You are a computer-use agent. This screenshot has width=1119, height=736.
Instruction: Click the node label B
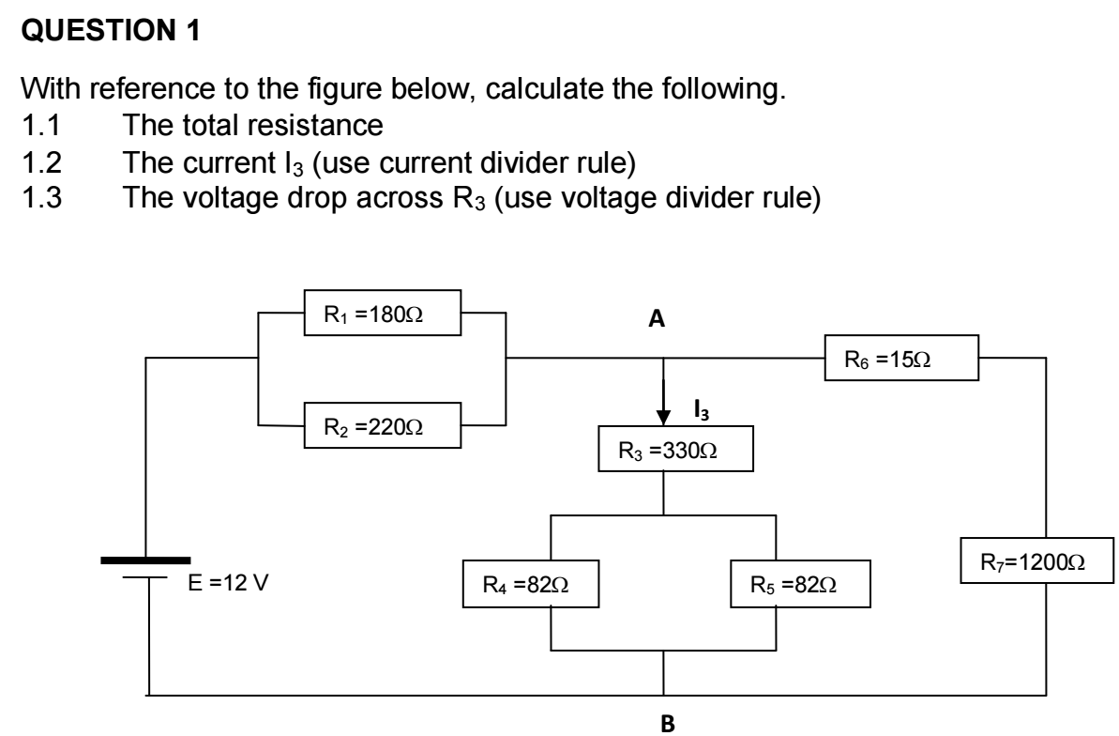pos(668,724)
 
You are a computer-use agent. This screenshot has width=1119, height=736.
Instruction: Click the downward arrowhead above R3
pos(664,414)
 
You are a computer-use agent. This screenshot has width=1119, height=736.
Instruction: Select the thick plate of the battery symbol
pos(144,560)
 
